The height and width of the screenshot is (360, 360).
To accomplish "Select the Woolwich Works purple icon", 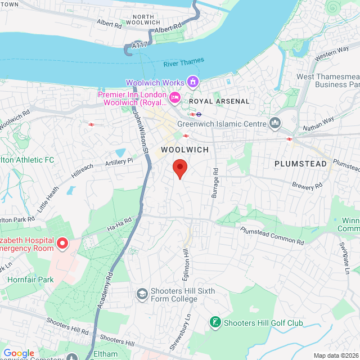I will click(x=193, y=83).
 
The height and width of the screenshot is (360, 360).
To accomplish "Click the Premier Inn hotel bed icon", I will click(x=175, y=98).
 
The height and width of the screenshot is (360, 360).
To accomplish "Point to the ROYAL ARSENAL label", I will click(x=219, y=101).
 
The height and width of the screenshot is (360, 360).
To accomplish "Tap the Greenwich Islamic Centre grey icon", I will click(x=275, y=123).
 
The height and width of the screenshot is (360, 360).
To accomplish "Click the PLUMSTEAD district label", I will click(x=300, y=164).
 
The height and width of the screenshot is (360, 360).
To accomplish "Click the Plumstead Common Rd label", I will click(x=272, y=235).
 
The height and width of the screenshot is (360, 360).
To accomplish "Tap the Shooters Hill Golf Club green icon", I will click(x=214, y=322).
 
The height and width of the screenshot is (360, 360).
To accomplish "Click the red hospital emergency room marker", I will click(x=62, y=244).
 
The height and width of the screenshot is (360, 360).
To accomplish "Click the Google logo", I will click(x=19, y=353).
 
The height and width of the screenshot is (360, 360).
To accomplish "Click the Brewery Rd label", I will click(x=307, y=185).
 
